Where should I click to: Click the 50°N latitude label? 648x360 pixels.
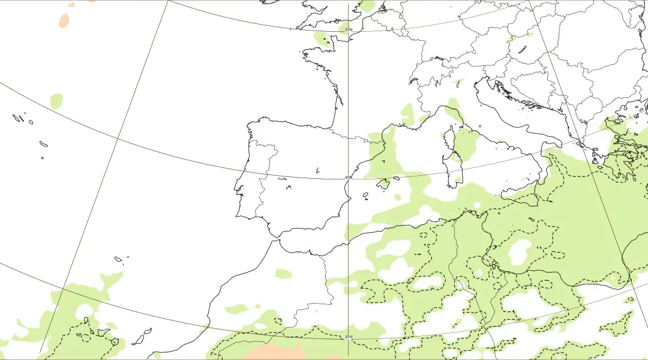point(347,29)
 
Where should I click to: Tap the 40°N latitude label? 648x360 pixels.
point(348,177)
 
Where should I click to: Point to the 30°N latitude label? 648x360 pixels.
point(348,337)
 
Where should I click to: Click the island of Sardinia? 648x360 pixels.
point(454,169)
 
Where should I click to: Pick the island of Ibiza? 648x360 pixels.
point(365,194)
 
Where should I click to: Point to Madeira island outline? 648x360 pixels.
point(119,259)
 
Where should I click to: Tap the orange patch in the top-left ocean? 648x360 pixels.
point(64,20)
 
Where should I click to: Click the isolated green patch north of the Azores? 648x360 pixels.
point(56,100)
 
